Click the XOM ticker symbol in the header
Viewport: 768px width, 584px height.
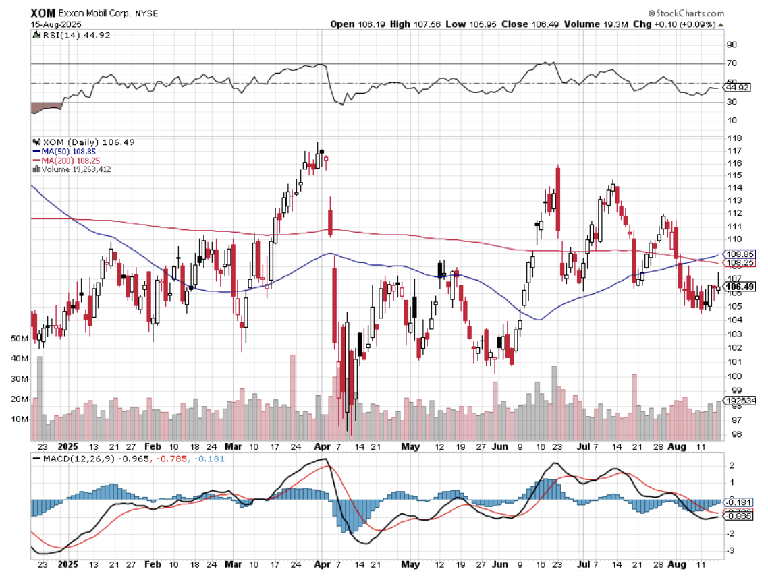(x=43, y=13)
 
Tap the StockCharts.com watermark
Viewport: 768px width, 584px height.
(x=686, y=13)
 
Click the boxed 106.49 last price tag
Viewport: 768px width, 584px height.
(x=740, y=287)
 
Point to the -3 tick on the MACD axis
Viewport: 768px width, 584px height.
(x=731, y=551)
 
